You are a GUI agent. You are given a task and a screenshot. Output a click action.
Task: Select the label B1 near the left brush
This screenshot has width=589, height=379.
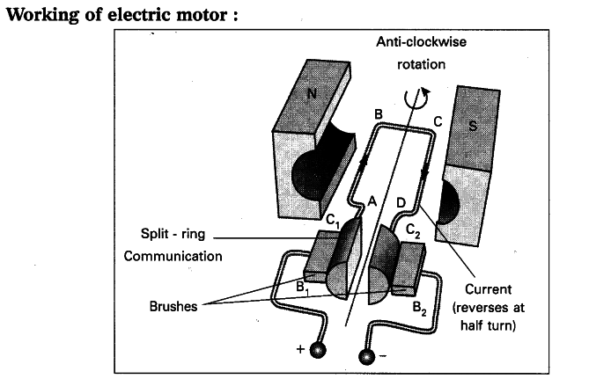coord(302,287)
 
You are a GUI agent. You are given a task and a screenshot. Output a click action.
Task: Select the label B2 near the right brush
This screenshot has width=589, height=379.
coord(421,308)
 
